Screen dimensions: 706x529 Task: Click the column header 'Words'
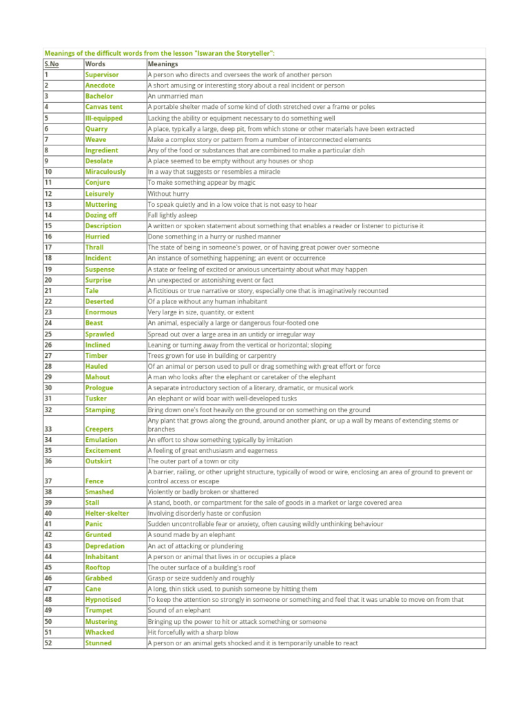[95, 64]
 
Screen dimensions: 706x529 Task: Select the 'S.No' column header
[52, 64]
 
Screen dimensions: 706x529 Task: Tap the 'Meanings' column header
[163, 64]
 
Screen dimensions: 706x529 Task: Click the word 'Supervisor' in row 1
[102, 74]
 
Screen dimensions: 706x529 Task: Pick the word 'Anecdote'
[100, 85]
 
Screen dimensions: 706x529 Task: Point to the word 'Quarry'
[96, 129]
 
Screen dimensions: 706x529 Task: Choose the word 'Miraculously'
[105, 172]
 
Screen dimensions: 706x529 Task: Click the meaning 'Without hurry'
[169, 194]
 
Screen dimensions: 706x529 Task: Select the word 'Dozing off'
[101, 215]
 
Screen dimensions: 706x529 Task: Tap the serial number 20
[48, 280]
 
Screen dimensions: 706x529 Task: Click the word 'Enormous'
[101, 312]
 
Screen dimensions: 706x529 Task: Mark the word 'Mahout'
[97, 377]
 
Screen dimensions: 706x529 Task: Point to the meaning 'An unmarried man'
[175, 97]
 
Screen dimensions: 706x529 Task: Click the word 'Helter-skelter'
[107, 514]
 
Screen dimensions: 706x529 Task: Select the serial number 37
[48, 481]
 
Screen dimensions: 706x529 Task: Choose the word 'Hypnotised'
[103, 600]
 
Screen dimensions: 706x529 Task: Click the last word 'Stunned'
[98, 643]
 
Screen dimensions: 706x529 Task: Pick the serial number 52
[48, 643]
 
